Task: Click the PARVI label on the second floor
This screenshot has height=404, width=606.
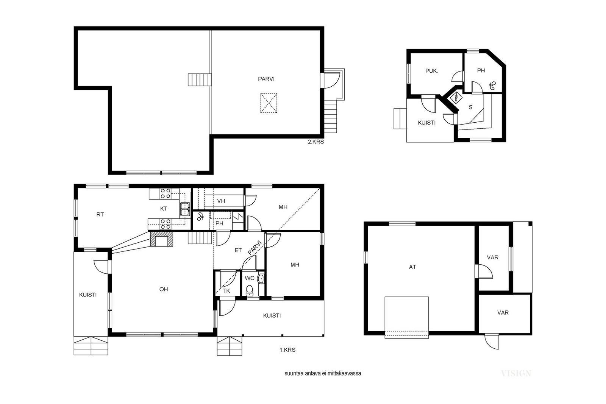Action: (x=266, y=79)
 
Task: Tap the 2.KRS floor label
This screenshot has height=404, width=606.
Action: (x=316, y=142)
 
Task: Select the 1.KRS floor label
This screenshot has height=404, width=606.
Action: (x=287, y=350)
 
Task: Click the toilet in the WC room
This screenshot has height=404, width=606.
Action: (x=249, y=290)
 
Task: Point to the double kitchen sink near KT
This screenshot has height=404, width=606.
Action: (x=185, y=209)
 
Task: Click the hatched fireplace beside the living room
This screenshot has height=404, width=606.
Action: (x=161, y=239)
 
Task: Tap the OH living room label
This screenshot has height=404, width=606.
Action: (x=164, y=289)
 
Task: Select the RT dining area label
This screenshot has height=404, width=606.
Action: (x=100, y=215)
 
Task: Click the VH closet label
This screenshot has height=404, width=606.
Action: (x=221, y=201)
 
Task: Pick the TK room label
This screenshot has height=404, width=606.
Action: (x=226, y=291)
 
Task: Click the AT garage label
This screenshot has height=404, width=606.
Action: (x=412, y=267)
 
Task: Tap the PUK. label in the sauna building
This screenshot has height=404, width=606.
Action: (x=431, y=71)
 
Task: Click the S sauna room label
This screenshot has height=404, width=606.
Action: (x=470, y=108)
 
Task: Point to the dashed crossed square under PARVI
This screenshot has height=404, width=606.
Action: (x=269, y=103)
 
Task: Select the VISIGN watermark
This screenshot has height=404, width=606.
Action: (x=515, y=373)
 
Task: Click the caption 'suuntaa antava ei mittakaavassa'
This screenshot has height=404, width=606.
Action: (x=322, y=373)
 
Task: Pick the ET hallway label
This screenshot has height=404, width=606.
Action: (x=238, y=250)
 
